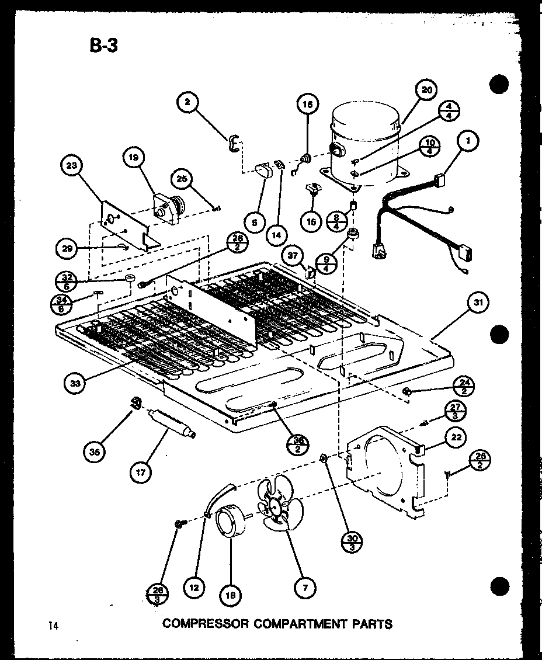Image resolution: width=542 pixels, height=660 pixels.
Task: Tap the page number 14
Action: pos(54,626)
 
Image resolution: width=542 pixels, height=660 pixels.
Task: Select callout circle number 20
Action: pos(427,91)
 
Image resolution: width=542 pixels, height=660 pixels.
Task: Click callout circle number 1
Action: pos(468,141)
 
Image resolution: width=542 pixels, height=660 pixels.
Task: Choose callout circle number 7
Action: pos(305,589)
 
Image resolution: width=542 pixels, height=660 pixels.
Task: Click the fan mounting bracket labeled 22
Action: pos(385,473)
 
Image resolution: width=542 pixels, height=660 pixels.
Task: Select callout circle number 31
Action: pos(477,303)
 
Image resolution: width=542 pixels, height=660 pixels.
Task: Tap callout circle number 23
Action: pos(72,166)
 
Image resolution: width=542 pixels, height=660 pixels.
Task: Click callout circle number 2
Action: pos(187,103)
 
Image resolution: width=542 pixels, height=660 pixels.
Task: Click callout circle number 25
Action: pos(183,180)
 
